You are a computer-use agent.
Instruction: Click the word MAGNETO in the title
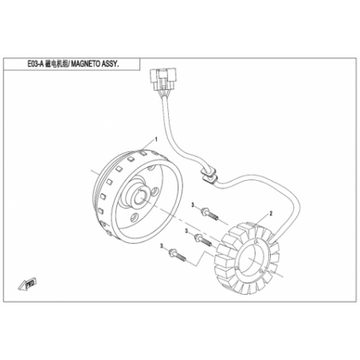coord(84,65)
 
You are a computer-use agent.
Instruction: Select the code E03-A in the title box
coord(35,65)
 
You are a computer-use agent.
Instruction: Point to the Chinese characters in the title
coord(55,65)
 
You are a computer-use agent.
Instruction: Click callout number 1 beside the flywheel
coord(156,139)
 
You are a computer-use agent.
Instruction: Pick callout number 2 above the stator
coord(271,213)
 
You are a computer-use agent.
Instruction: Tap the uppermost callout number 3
coord(193,205)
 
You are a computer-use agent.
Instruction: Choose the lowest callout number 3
coord(162,246)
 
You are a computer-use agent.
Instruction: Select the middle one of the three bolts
coord(203,240)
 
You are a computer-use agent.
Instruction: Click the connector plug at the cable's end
coord(163,80)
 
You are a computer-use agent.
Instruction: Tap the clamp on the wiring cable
coord(209,174)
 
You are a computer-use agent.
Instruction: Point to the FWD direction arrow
coord(27,284)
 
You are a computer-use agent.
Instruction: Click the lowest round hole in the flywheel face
coord(135,217)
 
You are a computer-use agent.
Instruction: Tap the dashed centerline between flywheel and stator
coord(180,221)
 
